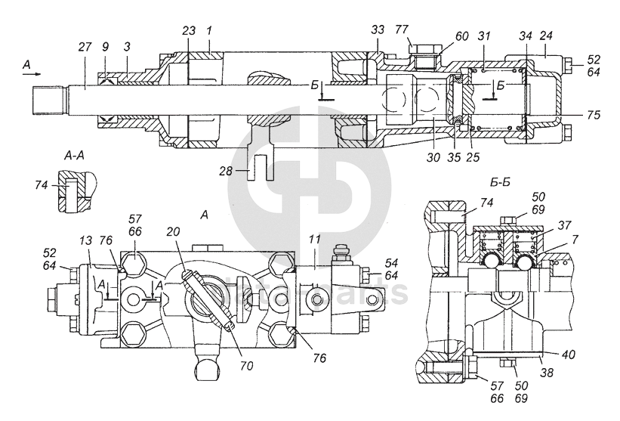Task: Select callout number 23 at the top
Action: pos(189,30)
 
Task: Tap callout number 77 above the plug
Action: pos(403,31)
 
